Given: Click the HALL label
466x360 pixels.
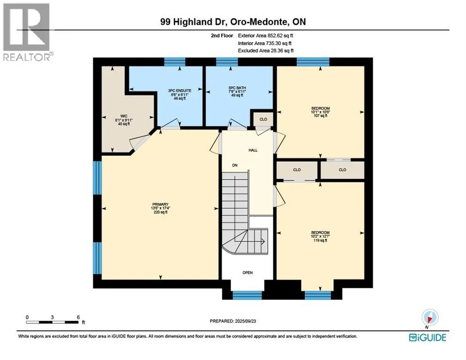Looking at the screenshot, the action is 253,150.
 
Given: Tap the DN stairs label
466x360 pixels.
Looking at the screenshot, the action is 235,165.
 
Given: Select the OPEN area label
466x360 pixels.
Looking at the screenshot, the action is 248,273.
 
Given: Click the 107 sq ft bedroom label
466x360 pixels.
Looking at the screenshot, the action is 320,112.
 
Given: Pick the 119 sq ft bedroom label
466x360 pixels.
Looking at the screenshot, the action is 320,236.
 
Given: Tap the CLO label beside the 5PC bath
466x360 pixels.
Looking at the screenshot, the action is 263,119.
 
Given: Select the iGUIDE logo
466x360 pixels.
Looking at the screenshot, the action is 428,337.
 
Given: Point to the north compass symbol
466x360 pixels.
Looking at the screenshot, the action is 429,317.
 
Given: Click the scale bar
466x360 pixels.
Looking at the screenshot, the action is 53,322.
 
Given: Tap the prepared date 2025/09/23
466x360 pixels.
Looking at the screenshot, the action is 233,321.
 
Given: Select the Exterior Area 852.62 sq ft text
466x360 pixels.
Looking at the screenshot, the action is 266,36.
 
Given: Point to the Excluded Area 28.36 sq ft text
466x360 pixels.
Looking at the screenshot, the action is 266,51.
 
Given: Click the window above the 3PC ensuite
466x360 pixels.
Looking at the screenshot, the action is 175,62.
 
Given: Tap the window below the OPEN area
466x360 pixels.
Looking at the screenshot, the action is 247,295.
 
